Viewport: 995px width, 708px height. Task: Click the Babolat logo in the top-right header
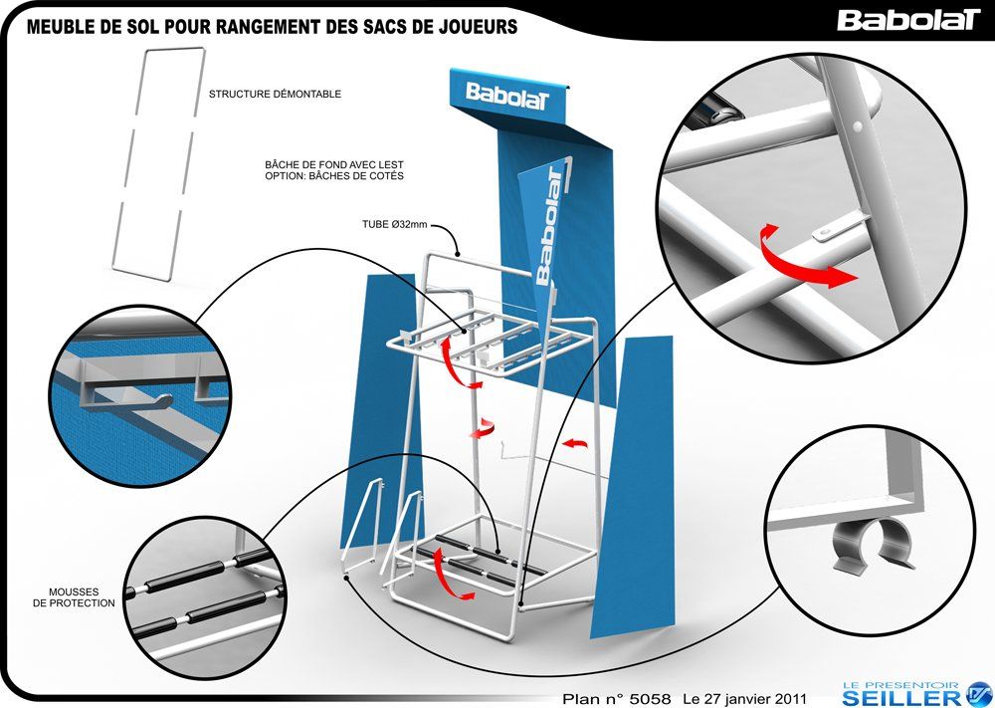907,20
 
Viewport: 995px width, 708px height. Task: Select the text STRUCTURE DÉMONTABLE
275,95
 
